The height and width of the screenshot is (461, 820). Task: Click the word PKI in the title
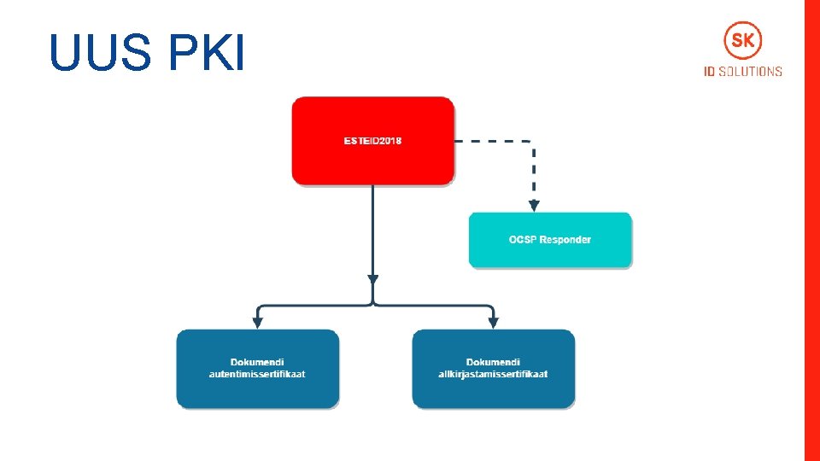[208, 53]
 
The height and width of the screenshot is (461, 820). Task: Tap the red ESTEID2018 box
[372, 162]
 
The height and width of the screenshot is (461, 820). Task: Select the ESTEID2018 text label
[372, 140]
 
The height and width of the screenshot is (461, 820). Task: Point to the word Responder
[565, 240]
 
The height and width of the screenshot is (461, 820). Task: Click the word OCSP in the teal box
[523, 240]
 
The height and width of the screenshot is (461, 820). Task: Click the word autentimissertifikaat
[257, 374]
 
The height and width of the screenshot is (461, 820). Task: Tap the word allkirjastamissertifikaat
[494, 374]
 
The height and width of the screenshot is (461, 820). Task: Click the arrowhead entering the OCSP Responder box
[534, 206]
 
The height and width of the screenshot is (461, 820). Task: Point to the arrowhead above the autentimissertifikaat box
[257, 323]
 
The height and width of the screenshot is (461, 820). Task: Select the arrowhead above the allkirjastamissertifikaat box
[493, 323]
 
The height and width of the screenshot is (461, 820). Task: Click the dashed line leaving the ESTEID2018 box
[492, 141]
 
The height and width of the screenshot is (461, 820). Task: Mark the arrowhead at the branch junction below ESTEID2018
[372, 278]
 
